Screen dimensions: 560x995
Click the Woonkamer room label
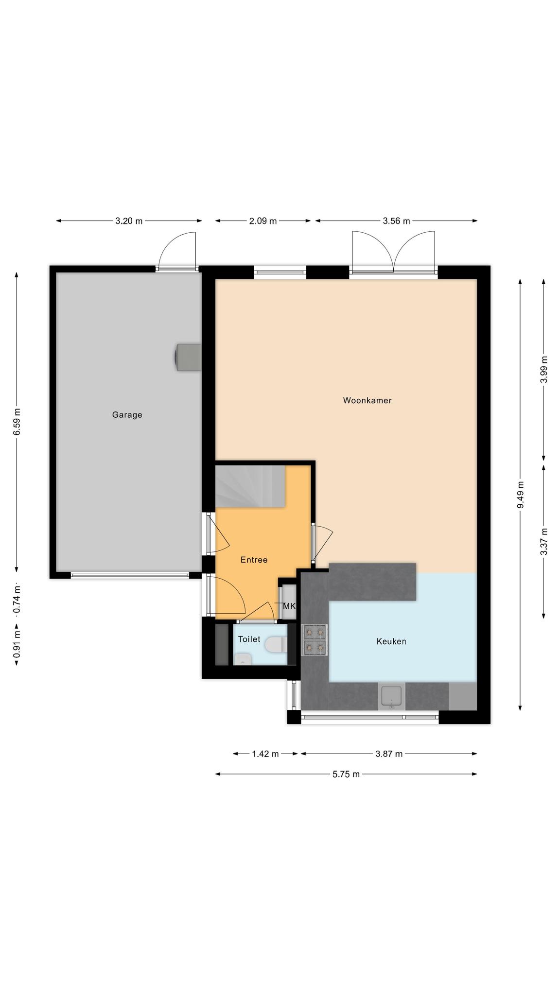(367, 400)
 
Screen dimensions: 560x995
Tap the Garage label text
(127, 415)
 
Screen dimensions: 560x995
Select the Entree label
(254, 560)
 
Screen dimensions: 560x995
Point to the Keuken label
(391, 641)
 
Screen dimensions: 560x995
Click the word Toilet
(249, 639)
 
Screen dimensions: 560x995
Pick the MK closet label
(289, 606)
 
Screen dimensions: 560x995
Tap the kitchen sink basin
(391, 696)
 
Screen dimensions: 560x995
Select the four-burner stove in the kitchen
(315, 639)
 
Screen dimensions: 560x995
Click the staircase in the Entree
(250, 486)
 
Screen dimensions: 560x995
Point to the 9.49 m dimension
(520, 495)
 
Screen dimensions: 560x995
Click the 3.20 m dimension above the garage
(129, 221)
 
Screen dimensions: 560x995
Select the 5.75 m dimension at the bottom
(346, 774)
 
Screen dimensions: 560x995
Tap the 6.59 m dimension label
(17, 422)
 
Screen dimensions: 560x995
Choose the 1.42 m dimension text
(265, 754)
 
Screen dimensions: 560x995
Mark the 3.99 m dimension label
(544, 370)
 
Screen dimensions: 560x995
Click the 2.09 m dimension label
(263, 221)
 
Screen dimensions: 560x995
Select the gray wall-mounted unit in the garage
(188, 357)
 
